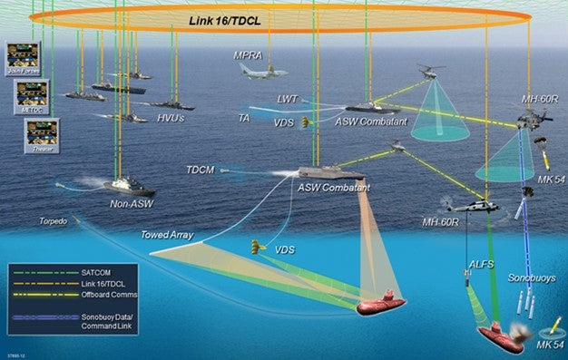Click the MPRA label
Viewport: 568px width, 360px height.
tap(247, 55)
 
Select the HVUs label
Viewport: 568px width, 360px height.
tap(171, 117)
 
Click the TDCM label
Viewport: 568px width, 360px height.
tap(200, 170)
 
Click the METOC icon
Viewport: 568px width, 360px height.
tap(32, 93)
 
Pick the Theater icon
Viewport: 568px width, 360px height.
tap(41, 133)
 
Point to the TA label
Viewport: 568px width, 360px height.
tap(243, 117)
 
